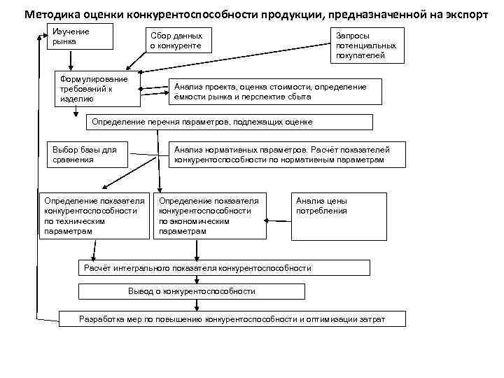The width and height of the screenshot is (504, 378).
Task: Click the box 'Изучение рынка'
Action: coord(79,37)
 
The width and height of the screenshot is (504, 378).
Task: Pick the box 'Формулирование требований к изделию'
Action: coord(98,89)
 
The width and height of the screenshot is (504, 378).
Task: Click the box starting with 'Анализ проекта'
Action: coord(276,91)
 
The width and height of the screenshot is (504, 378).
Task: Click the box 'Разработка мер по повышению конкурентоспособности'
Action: coord(232,319)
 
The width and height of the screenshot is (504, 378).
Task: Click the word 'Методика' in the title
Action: coord(49,14)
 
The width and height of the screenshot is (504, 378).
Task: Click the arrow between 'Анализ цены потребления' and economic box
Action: coord(279,220)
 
